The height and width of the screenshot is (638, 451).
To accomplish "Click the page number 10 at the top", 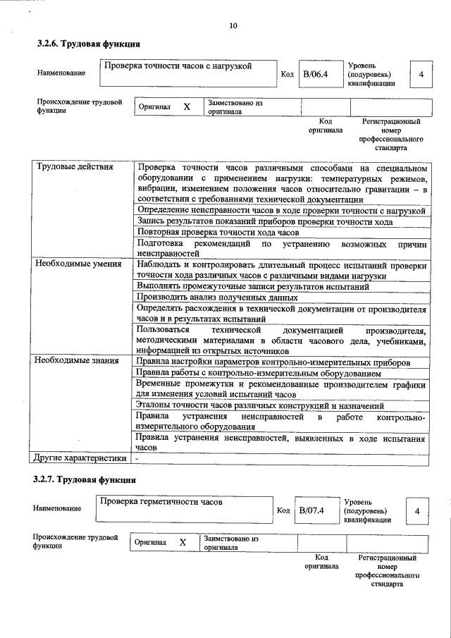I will click(x=233, y=26).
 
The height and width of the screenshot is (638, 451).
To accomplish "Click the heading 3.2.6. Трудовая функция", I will click(x=89, y=44).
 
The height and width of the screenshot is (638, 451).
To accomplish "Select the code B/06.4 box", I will click(x=316, y=73).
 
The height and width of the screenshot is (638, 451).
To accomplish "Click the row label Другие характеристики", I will click(x=80, y=458).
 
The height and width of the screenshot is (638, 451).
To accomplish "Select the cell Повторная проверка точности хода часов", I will click(x=218, y=232).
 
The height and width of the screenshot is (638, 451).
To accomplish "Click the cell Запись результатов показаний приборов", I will click(x=265, y=221).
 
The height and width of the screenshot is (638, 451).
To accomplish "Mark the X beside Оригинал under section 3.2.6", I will click(x=187, y=106).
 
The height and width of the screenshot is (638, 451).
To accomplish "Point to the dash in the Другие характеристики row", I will click(x=138, y=458).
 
